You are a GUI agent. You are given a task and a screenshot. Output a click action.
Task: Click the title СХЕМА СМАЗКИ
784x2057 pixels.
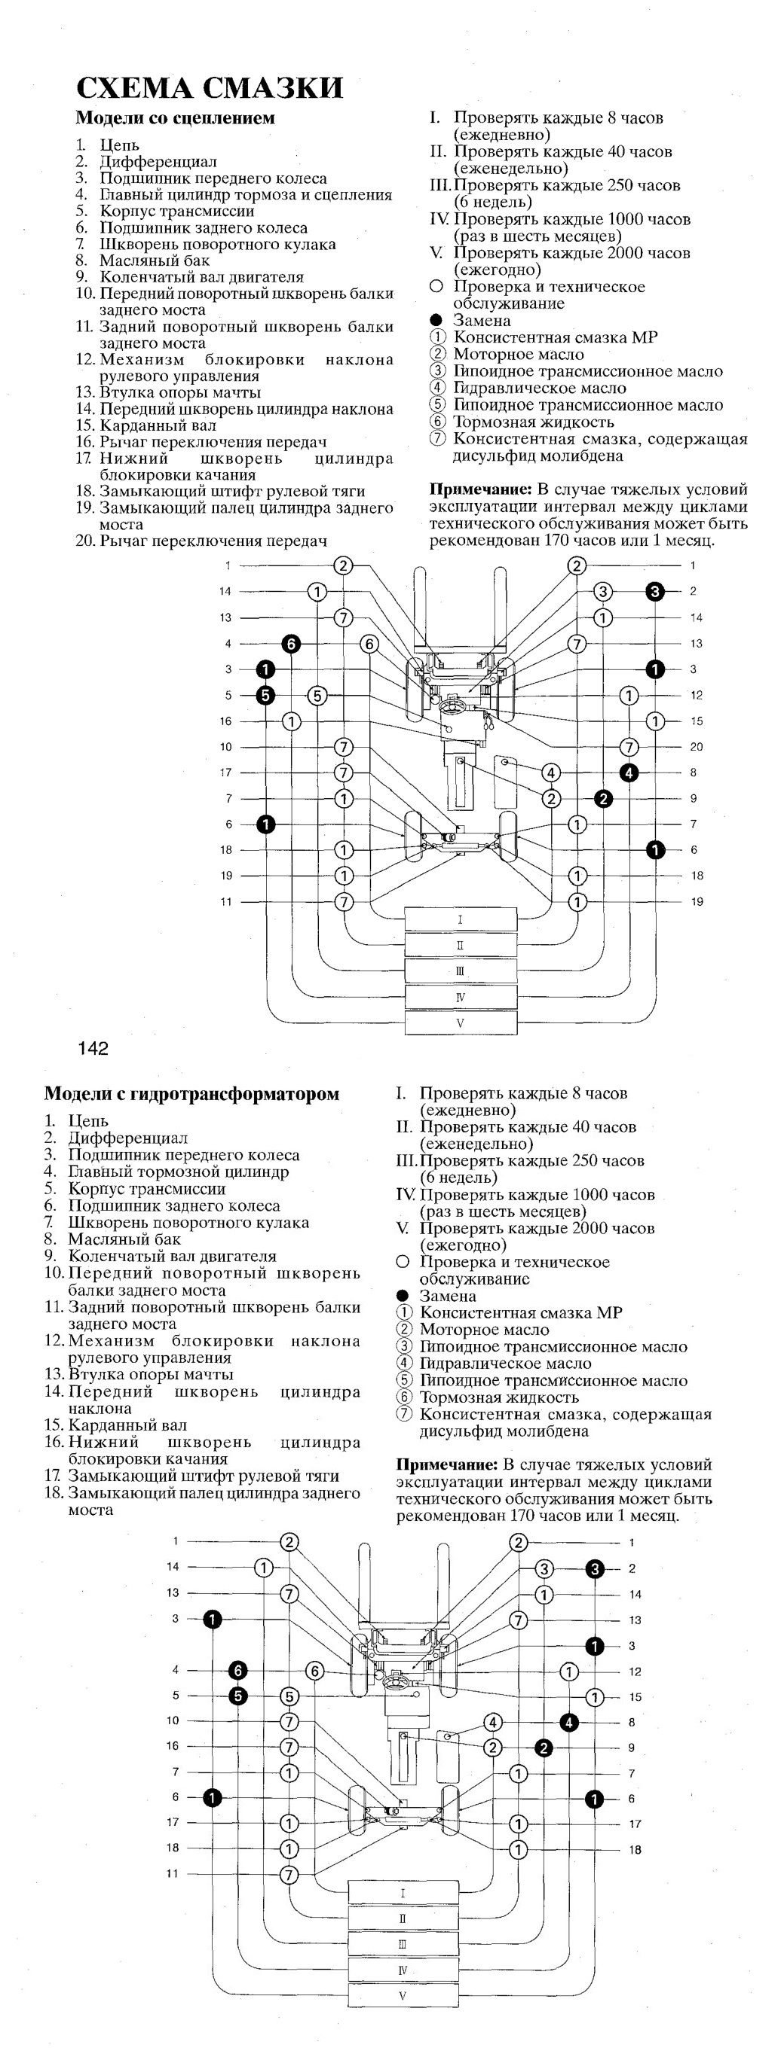pos(210,87)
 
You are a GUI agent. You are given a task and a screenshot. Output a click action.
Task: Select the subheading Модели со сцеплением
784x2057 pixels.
pos(175,118)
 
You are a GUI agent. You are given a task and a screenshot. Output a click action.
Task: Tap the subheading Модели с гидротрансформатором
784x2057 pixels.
pos(191,1093)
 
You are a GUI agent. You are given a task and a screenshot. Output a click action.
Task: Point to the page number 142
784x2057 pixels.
pos(93,1049)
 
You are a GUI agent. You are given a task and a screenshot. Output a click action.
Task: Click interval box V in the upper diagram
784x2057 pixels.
pos(461,1023)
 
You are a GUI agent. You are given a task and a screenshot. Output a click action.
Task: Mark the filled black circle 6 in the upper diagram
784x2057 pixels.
pos(292,644)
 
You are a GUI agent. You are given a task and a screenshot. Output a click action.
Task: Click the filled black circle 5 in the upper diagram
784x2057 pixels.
pos(266,696)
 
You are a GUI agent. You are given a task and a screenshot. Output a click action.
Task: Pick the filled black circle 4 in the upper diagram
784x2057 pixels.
pos(629,773)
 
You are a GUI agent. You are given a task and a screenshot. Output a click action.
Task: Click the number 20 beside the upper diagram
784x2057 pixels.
pos(696,747)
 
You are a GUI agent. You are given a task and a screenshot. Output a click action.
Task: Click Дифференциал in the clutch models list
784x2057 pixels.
pos(158,162)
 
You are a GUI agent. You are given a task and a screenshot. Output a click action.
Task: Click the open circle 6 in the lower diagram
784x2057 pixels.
pos(315,1670)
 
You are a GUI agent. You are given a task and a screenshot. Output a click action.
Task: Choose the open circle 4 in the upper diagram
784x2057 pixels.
pos(550,773)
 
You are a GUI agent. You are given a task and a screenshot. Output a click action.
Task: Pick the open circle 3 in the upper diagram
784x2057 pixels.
pos(602,592)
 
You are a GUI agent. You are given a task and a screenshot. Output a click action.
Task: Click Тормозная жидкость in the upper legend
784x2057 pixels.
pos(534,422)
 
